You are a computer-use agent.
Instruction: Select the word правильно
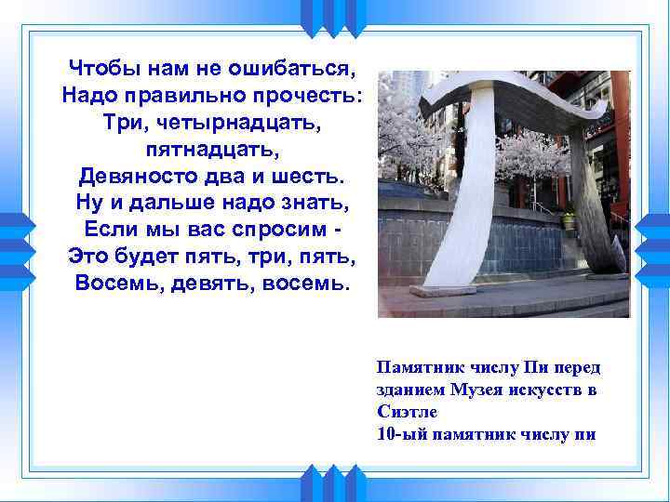pos(189,96)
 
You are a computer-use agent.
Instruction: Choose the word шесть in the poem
pos(314,175)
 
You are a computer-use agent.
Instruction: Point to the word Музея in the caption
pos(498,390)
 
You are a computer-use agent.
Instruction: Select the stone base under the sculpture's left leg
pos(443,290)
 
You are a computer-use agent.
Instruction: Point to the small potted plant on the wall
pos(568,220)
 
